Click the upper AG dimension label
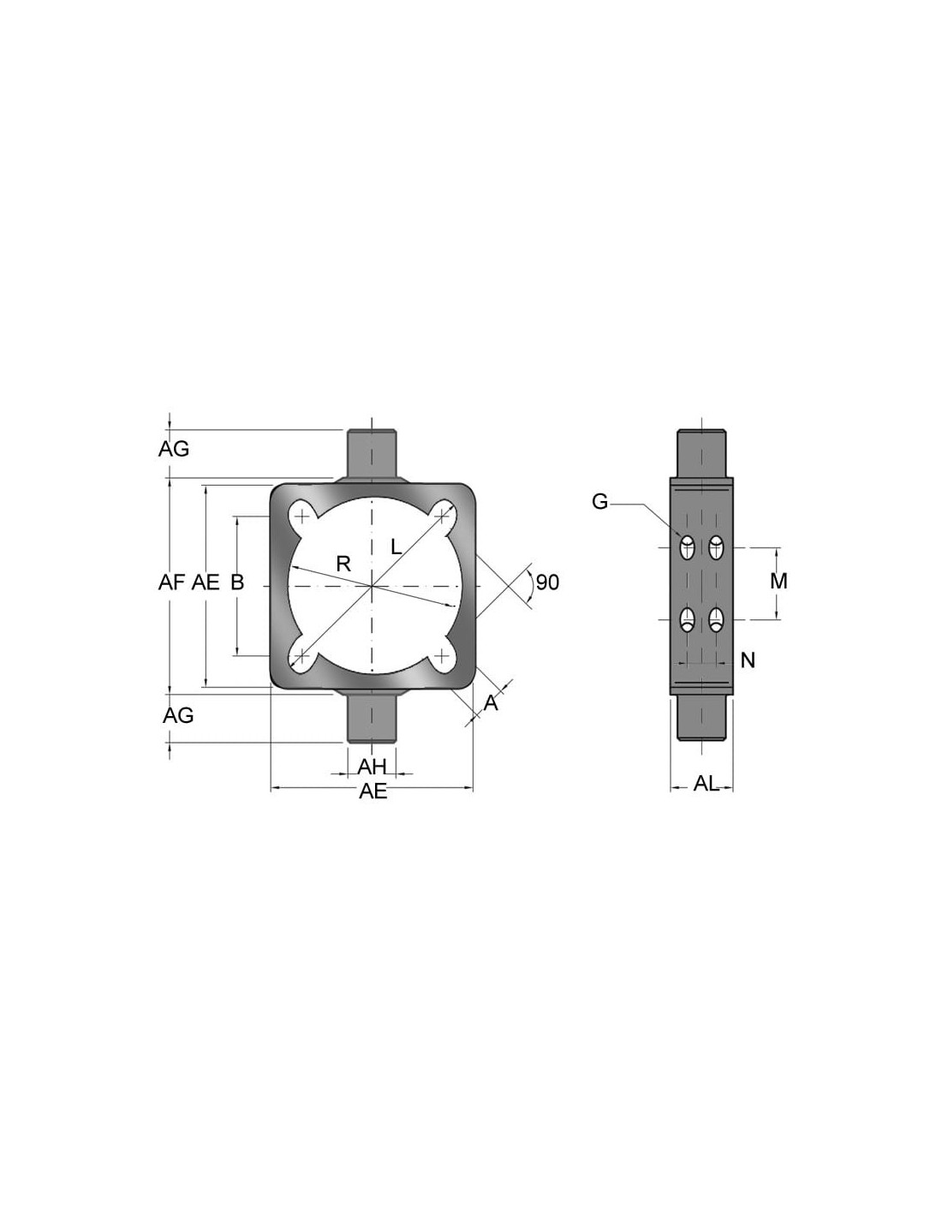(174, 449)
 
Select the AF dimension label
(171, 583)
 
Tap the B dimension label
(237, 583)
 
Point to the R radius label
(343, 564)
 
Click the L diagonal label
(396, 546)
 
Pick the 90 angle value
(547, 583)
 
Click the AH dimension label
(373, 767)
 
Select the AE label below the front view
(373, 791)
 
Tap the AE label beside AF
(206, 583)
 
